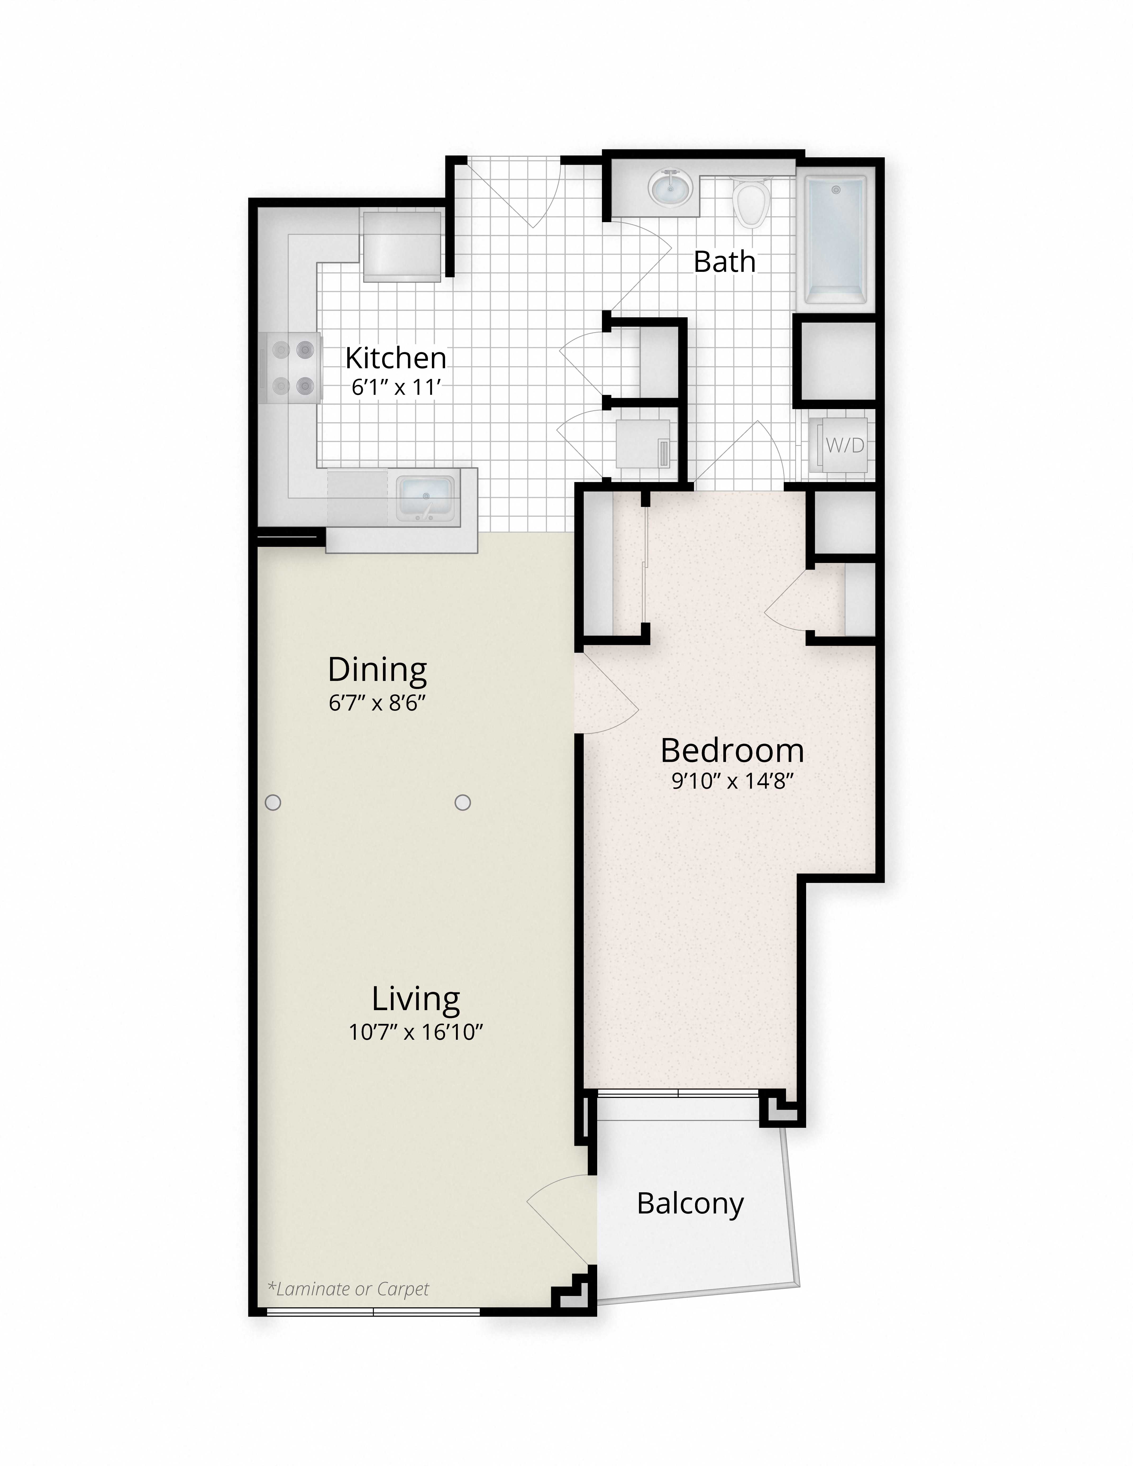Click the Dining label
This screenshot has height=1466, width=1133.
(377, 669)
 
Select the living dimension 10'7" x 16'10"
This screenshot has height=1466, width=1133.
(415, 1032)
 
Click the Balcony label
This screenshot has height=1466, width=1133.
(690, 1203)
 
